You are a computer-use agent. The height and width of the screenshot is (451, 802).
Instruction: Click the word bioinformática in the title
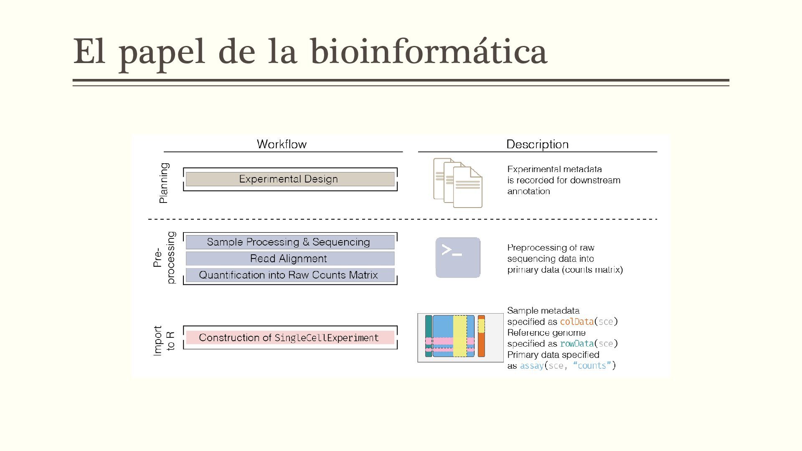tap(429, 52)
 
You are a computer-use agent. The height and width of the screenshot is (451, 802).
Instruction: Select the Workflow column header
tap(282, 144)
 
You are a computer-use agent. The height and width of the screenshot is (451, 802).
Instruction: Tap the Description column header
tap(537, 144)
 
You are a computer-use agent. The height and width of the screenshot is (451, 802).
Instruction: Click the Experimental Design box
tap(290, 179)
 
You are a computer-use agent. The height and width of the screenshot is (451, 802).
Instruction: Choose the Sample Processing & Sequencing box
tap(290, 242)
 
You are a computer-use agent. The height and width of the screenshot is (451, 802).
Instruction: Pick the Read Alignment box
tap(290, 258)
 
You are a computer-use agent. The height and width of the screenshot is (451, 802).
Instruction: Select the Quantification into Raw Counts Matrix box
tap(290, 275)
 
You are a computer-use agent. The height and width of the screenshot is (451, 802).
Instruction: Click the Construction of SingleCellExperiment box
tap(290, 337)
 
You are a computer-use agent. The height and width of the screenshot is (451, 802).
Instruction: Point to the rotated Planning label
tap(164, 183)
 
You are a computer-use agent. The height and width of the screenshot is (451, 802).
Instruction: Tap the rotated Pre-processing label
tap(164, 258)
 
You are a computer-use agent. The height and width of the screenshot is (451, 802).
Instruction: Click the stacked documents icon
tap(458, 182)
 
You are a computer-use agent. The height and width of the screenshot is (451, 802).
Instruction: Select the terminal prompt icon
tap(458, 258)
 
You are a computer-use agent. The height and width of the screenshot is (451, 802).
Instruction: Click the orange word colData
tap(576, 322)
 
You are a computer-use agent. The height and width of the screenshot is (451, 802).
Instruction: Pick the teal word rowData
tap(576, 344)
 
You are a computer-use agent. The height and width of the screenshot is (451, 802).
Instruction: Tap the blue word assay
tap(531, 366)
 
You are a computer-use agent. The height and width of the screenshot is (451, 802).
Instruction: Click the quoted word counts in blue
tap(592, 366)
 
